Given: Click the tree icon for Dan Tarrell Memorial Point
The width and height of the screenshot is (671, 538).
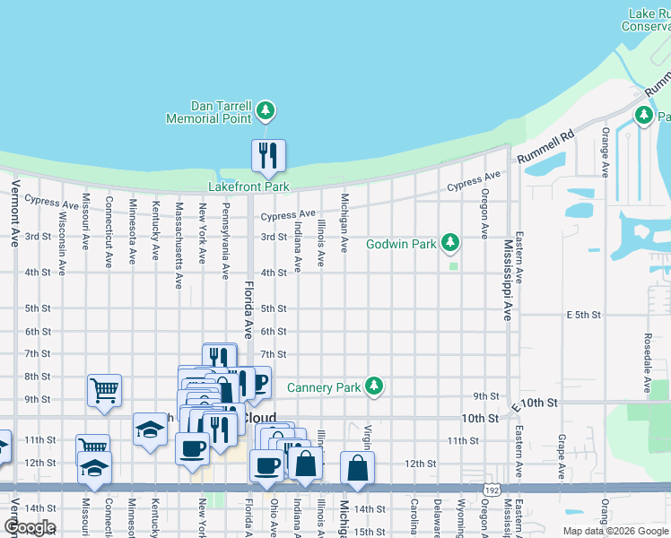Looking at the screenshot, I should click(x=265, y=111).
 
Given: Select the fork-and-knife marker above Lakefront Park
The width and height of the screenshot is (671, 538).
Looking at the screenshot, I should click(x=268, y=156).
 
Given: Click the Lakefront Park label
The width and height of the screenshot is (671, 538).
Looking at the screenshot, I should click(x=248, y=187).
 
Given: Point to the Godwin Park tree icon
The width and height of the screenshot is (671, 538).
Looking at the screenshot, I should click(x=450, y=243).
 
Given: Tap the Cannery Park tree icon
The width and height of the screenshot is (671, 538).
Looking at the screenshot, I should click(x=374, y=387).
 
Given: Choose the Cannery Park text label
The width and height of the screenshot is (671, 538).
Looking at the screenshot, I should click(x=324, y=388).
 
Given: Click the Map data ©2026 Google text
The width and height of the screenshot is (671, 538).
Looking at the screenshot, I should click(x=615, y=531).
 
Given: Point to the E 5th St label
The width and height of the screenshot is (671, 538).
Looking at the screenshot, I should click(x=582, y=316).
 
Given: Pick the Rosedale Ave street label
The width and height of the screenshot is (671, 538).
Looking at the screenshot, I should click(x=646, y=364).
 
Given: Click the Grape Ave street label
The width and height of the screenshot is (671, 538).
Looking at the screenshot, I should click(x=562, y=455).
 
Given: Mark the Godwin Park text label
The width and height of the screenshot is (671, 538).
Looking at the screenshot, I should click(x=401, y=244).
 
